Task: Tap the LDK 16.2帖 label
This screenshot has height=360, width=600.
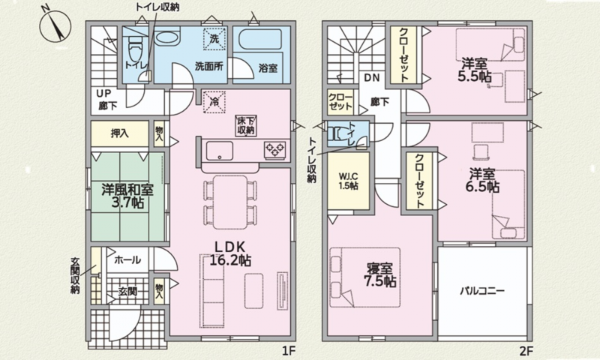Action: tap(230, 253)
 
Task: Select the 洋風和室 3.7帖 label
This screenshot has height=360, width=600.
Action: tap(127, 196)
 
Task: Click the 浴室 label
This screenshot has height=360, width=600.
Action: tap(268, 69)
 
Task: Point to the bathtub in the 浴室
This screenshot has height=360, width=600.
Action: tap(260, 40)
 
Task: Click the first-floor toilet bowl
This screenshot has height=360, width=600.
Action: tap(135, 49)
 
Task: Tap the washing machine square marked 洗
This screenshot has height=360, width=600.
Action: tap(214, 39)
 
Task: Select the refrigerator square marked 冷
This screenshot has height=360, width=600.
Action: tap(214, 102)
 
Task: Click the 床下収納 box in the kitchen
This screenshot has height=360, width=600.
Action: tap(246, 125)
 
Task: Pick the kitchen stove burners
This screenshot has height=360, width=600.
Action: tap(275, 149)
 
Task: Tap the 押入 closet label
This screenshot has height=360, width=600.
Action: tap(119, 133)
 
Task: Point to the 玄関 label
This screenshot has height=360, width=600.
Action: tap(127, 292)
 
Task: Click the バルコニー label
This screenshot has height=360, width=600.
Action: tap(482, 291)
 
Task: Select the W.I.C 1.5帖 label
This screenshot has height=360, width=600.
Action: tap(348, 181)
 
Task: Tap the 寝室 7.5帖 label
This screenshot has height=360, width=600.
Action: tap(379, 274)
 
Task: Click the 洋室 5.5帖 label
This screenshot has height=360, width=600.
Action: tap(475, 70)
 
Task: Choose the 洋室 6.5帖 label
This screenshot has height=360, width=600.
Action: tap(483, 181)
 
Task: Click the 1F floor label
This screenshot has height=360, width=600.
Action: tap(287, 350)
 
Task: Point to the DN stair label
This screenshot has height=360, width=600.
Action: tap(371, 78)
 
